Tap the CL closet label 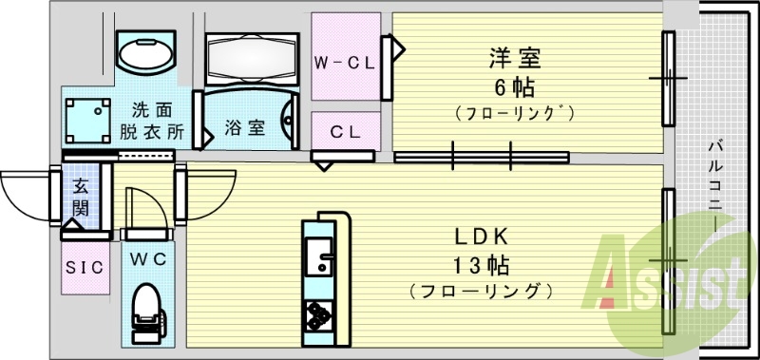pos(346,131)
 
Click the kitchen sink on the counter pos(317,256)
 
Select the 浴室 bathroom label pos(244,128)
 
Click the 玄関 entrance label pos(81,198)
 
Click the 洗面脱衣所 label pos(150,121)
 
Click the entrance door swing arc pos(24,195)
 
